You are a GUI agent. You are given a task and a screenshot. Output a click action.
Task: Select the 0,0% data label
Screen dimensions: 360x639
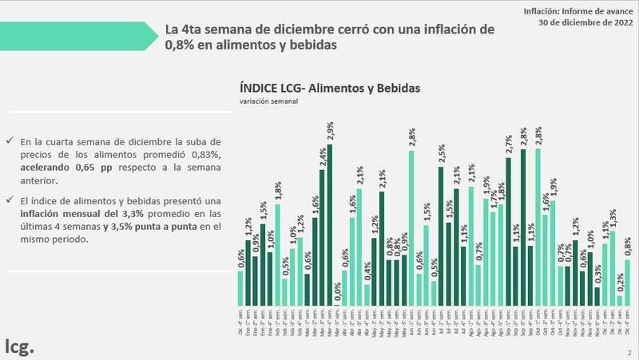tap(338, 293)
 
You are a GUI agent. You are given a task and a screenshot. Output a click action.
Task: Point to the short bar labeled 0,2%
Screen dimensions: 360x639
tap(620, 299)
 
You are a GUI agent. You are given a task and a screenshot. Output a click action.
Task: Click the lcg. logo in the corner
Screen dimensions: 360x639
tap(19, 346)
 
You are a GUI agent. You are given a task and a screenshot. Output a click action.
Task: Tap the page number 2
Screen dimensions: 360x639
tap(629, 351)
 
